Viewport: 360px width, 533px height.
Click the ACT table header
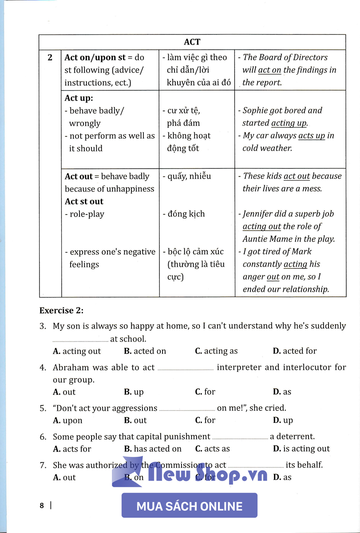(x=192, y=42)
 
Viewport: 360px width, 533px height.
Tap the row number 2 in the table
(x=50, y=57)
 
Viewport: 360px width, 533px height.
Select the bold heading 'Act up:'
(x=79, y=98)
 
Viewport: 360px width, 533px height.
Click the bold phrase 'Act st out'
(x=84, y=201)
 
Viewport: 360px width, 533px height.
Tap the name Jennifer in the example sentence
(x=260, y=214)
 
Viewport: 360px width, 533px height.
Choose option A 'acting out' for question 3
(x=77, y=351)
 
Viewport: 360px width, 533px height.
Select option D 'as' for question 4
(x=282, y=392)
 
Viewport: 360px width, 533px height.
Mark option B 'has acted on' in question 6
(x=153, y=449)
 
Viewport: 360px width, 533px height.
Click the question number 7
(x=43, y=465)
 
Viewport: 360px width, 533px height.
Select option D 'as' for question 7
(x=282, y=477)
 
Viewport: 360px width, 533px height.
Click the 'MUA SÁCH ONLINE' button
(x=190, y=506)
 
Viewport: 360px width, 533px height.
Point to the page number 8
(x=42, y=505)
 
